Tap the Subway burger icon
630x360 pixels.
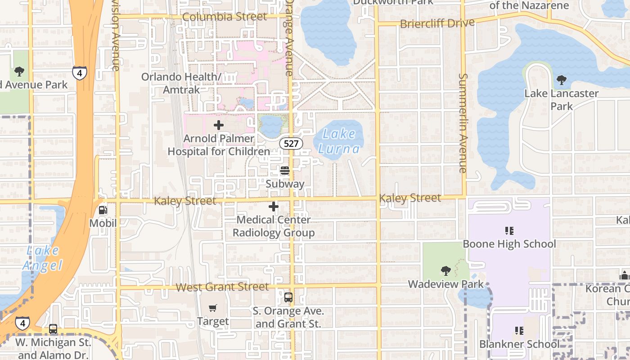pos(284,171)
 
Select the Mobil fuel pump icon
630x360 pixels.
pos(103,210)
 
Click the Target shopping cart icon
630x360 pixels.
pos(213,308)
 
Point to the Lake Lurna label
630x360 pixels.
pos(340,141)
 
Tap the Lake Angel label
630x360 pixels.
pos(42,258)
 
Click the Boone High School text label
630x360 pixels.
pos(509,244)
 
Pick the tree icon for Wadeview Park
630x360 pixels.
pos(445,271)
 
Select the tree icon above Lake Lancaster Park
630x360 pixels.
pos(561,81)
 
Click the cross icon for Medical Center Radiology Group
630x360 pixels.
pos(273,207)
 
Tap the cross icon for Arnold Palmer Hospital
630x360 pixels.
pos(219,125)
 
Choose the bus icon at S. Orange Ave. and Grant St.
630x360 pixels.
pos(288,297)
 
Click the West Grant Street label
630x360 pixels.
pos(222,287)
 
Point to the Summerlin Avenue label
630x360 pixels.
pos(463,122)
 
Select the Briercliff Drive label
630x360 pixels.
pos(437,23)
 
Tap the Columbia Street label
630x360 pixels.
pos(225,17)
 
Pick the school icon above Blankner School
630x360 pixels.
pos(519,331)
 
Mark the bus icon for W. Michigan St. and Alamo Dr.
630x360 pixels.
pos(53,329)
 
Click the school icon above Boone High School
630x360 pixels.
pos(509,231)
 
